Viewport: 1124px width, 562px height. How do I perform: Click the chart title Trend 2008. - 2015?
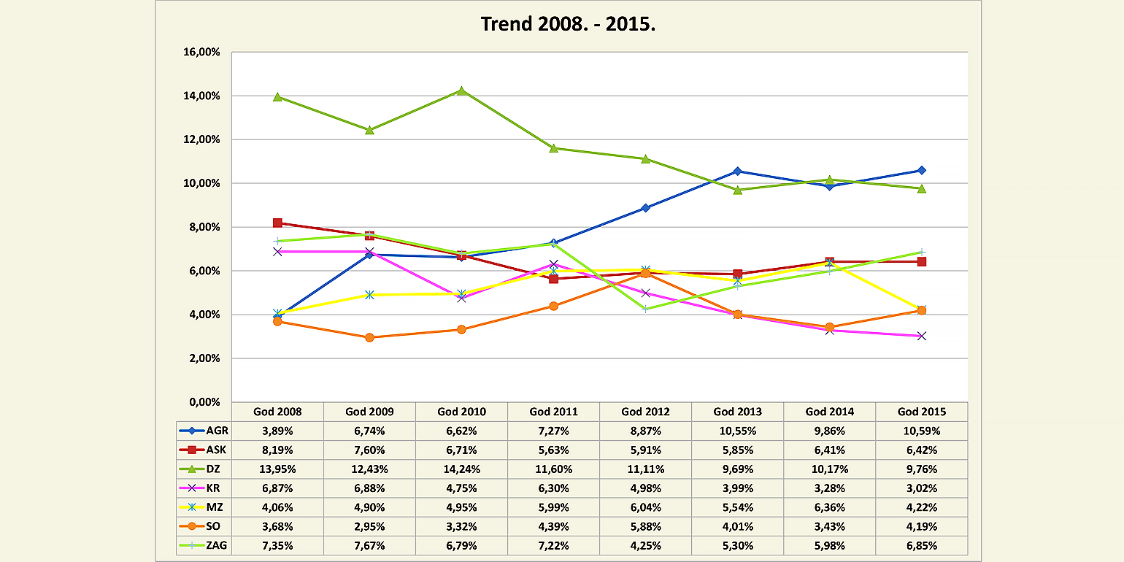pyautogui.click(x=568, y=24)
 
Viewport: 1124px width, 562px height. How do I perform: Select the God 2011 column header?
pyautogui.click(x=553, y=412)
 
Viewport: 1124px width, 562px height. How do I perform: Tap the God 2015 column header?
pyautogui.click(x=921, y=412)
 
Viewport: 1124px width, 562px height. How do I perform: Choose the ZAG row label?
pyautogui.click(x=204, y=546)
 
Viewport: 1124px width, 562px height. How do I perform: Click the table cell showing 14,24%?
pyautogui.click(x=461, y=469)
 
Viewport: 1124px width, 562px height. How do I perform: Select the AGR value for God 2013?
pyautogui.click(x=737, y=431)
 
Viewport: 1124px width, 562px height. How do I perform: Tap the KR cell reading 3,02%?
pyautogui.click(x=921, y=488)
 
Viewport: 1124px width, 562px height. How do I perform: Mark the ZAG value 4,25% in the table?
pyautogui.click(x=645, y=546)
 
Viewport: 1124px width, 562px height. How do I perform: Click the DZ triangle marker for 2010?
pyautogui.click(x=461, y=91)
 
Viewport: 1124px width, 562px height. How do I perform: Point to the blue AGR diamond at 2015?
pyautogui.click(x=921, y=170)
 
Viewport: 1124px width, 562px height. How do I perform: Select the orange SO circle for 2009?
pyautogui.click(x=369, y=337)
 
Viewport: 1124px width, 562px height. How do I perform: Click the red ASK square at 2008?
pyautogui.click(x=277, y=223)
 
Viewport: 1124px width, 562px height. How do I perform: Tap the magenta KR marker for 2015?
pyautogui.click(x=921, y=336)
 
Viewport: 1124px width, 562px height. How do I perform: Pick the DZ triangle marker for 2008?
pyautogui.click(x=277, y=96)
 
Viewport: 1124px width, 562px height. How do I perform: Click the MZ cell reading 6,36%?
pyautogui.click(x=829, y=508)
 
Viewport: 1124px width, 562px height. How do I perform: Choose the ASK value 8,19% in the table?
pyautogui.click(x=277, y=450)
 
